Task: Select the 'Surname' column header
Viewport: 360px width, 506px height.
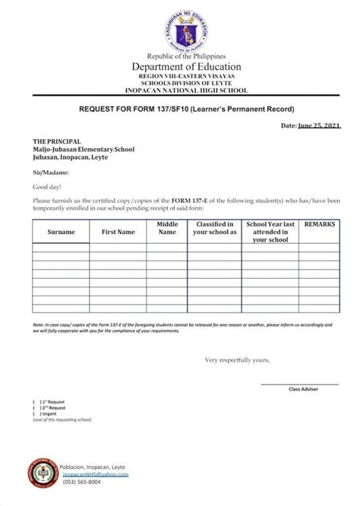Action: coord(61,231)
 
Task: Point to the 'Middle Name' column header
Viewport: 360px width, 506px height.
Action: coord(167,228)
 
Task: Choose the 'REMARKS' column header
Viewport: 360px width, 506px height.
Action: coord(320,225)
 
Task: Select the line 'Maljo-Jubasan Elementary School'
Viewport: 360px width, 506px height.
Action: coord(84,149)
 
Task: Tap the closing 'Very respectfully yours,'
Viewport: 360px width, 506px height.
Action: coord(236,359)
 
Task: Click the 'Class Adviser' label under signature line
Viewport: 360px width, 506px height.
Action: coord(303,389)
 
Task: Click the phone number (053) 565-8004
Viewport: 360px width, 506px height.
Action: coord(83,482)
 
